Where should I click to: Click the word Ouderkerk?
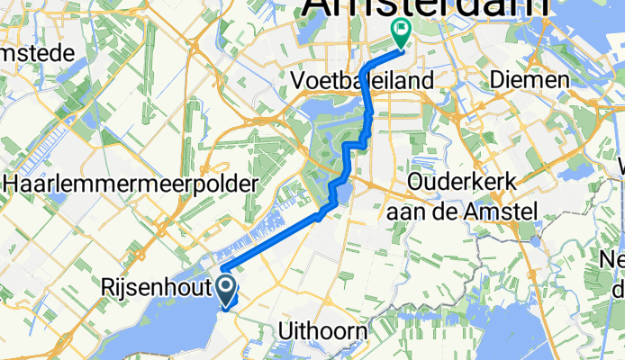point(461,182)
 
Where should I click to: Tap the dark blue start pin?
point(225,291)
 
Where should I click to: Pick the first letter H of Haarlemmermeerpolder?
point(15,184)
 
